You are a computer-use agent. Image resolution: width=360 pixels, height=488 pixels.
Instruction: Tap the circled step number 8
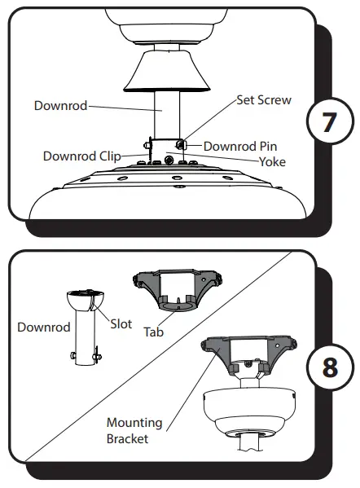pyautogui.click(x=328, y=366)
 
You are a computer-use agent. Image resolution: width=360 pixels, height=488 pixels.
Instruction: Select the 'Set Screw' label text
pyautogui.click(x=263, y=101)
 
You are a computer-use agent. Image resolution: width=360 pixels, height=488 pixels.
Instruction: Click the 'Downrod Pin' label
pyautogui.click(x=240, y=146)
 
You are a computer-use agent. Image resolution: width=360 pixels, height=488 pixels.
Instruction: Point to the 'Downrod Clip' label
pyautogui.click(x=81, y=156)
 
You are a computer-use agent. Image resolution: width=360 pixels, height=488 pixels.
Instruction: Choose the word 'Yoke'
pyautogui.click(x=272, y=161)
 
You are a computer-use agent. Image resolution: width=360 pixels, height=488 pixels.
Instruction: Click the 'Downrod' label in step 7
pyautogui.click(x=60, y=105)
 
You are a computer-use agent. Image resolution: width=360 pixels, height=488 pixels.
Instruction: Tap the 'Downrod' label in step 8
pyautogui.click(x=42, y=328)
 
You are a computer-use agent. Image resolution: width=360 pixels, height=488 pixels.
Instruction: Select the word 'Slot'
pyautogui.click(x=121, y=324)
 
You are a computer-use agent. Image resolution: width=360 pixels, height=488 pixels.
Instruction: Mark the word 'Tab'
pyautogui.click(x=153, y=332)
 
